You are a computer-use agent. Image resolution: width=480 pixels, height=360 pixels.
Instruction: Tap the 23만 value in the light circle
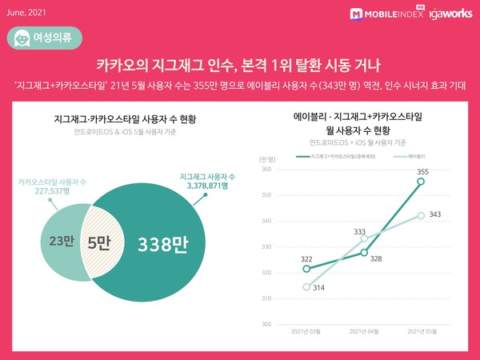click(x=56, y=242)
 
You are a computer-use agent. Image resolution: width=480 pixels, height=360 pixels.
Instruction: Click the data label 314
click(x=318, y=288)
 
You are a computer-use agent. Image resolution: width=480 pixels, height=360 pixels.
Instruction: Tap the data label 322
click(x=306, y=258)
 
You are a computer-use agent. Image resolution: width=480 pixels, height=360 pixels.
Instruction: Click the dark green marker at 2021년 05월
click(x=422, y=182)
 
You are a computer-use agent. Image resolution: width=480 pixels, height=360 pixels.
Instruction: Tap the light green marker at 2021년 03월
click(x=306, y=287)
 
